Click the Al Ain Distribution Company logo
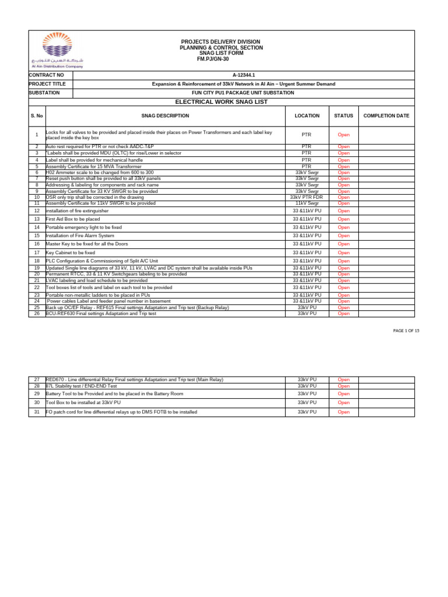click(58, 51)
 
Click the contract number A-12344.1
click(243, 75)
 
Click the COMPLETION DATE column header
click(386, 116)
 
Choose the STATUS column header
click(344, 116)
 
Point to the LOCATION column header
click(307, 116)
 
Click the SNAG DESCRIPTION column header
click(165, 116)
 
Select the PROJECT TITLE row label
click(48, 84)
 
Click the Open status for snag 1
click(344, 135)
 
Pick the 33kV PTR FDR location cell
click(307, 197)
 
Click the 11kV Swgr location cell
click(307, 203)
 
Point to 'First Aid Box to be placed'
click(73, 219)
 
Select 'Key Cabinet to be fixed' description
click(71, 253)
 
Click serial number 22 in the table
click(37, 287)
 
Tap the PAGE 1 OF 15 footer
click(407, 331)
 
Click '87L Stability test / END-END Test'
click(81, 386)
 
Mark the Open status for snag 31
click(344, 412)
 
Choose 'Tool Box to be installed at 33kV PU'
click(83, 402)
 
